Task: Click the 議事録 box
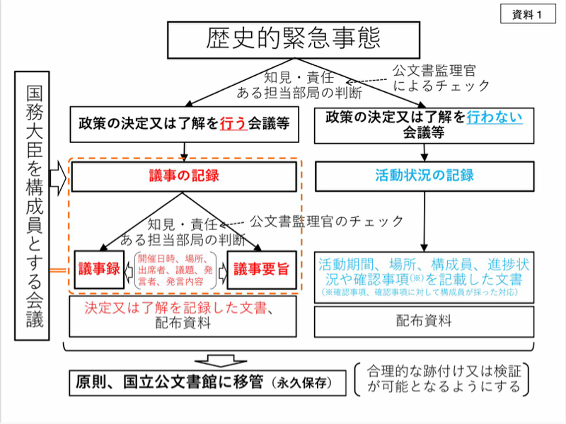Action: [98, 269]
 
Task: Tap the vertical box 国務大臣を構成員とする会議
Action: [34, 205]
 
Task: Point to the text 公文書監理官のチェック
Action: [327, 222]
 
